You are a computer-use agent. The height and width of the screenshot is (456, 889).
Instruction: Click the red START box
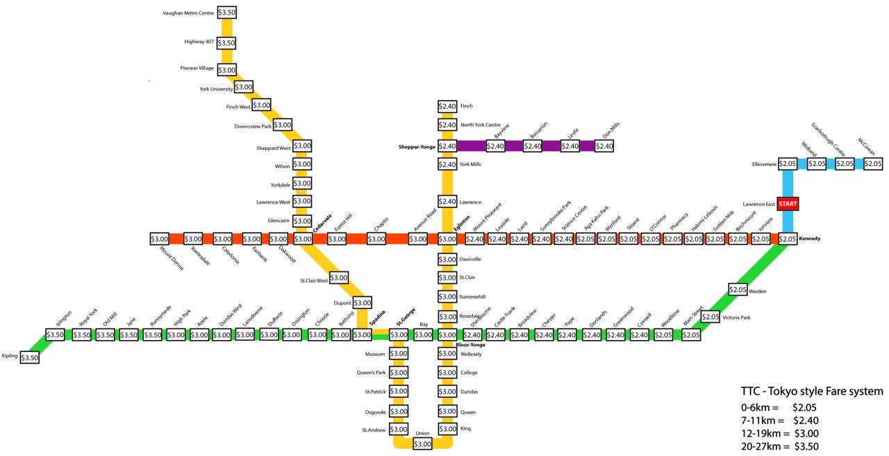point(788,204)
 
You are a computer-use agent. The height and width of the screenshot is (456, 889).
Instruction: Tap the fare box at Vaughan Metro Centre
point(226,12)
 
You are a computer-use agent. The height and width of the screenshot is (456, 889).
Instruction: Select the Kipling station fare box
point(29,358)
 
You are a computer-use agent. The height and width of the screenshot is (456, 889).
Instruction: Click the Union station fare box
point(422,444)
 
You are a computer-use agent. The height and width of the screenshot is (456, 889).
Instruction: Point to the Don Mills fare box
point(604,146)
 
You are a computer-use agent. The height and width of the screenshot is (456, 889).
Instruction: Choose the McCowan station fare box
point(873,164)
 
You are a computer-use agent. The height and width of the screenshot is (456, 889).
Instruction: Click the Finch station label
point(466,106)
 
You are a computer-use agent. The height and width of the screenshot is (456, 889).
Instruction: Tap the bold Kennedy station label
point(810,239)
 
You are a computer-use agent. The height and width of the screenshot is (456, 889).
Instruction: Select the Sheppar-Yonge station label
point(417,147)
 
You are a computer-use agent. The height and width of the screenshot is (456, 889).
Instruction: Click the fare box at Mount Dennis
point(159,239)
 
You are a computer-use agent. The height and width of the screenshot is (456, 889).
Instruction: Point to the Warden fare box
point(738,289)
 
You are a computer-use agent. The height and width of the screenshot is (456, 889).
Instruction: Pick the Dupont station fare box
point(363,303)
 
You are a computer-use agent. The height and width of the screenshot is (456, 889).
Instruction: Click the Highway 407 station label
point(199,42)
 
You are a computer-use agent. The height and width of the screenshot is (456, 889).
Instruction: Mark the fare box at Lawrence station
point(447,201)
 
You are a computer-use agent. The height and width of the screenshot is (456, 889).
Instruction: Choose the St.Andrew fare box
point(399,430)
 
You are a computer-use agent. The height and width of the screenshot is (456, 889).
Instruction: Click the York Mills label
point(470,164)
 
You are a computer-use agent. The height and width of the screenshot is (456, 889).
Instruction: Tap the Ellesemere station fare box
point(788,164)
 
